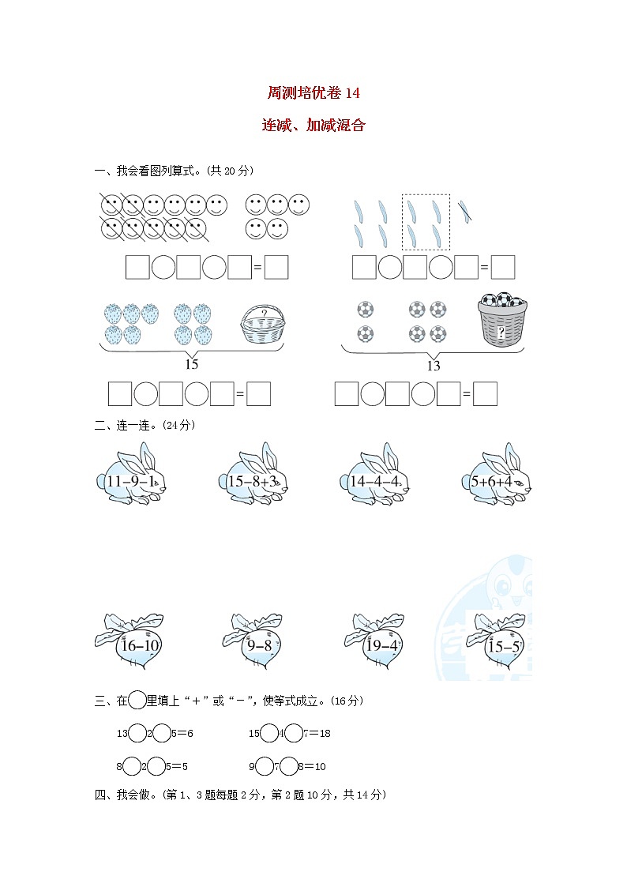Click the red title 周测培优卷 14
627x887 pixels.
coord(313,93)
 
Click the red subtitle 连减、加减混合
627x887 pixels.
coord(313,126)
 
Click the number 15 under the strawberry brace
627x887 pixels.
coord(191,364)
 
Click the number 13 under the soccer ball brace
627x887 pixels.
coord(433,365)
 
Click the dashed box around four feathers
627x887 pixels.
coord(426,222)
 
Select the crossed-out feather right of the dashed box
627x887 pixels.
coord(466,209)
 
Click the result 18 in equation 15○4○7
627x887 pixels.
coord(324,733)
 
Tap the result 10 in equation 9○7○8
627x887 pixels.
coord(319,766)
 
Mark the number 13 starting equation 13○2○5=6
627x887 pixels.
coord(122,733)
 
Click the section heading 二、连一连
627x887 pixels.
coord(145,425)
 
